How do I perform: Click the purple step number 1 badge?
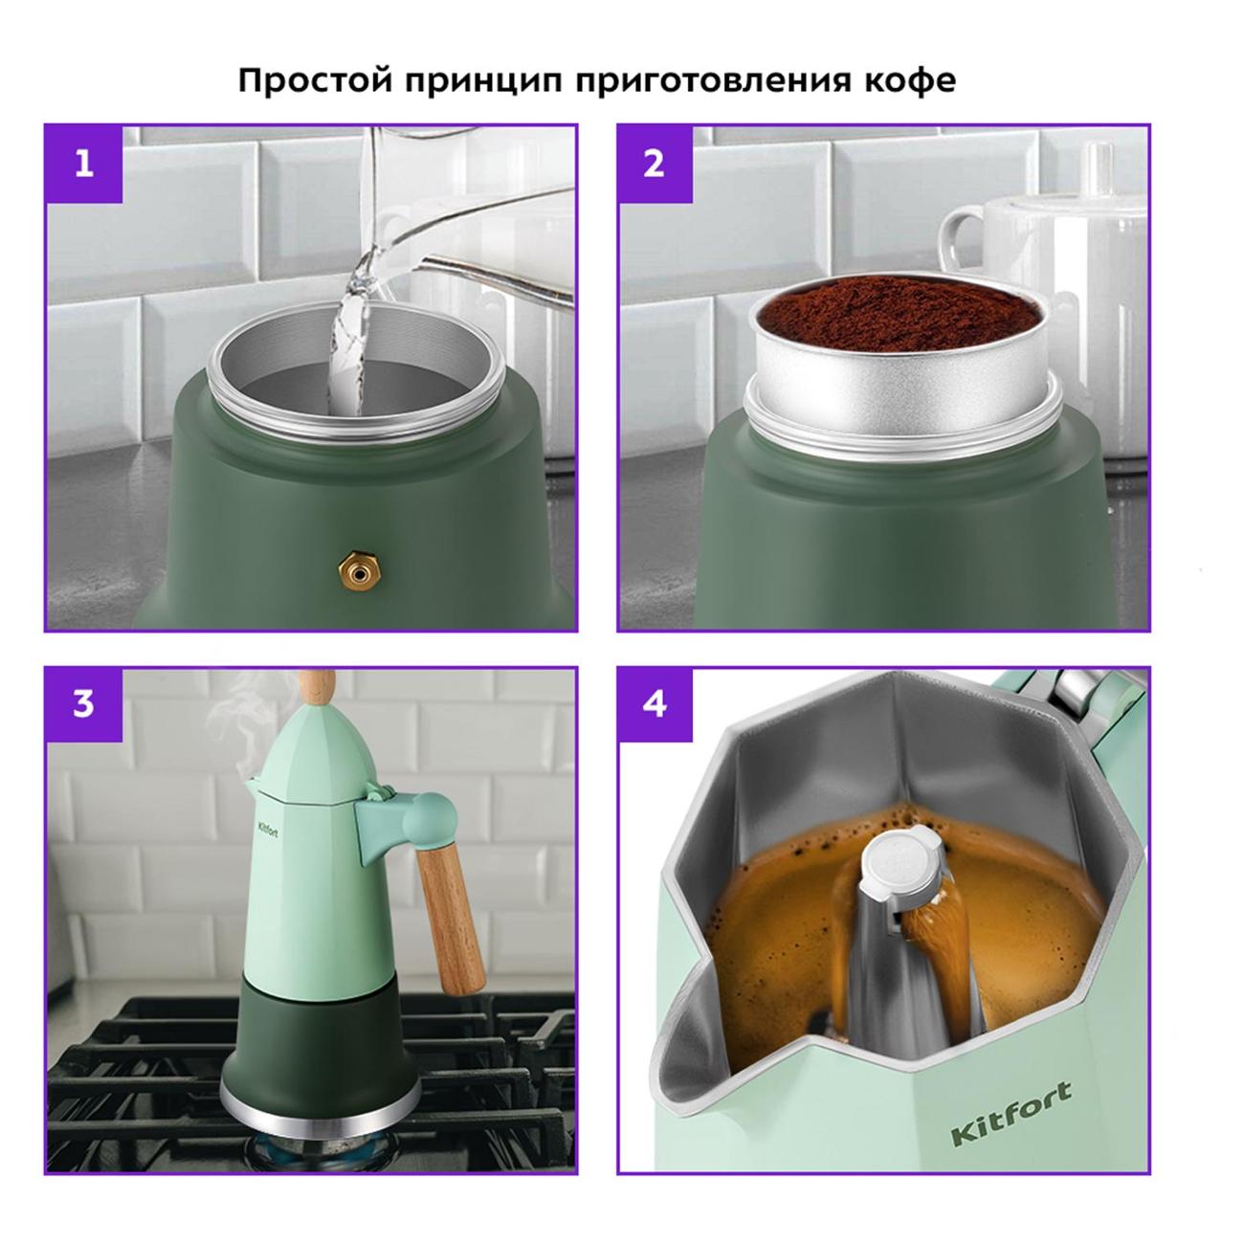pyautogui.click(x=84, y=164)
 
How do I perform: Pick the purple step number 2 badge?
pyautogui.click(x=655, y=164)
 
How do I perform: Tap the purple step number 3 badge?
pyautogui.click(x=84, y=705)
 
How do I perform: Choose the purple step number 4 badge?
pyautogui.click(x=655, y=705)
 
